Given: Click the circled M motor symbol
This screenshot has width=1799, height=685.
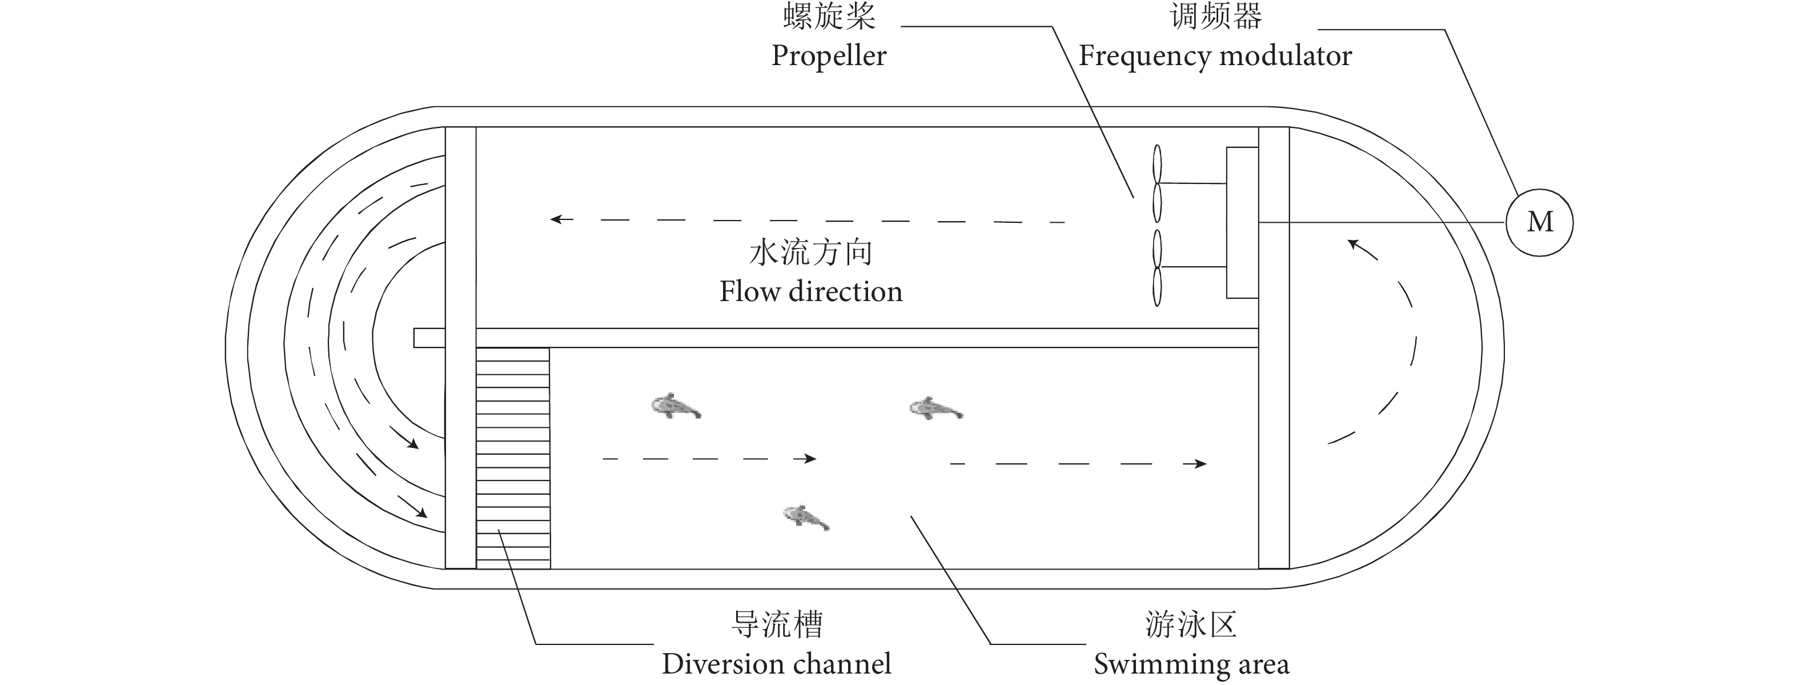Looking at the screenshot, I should pos(1539,222).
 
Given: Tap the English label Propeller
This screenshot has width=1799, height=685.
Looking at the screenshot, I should pos(828,56).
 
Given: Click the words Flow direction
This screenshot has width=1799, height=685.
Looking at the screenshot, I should pos(811,291).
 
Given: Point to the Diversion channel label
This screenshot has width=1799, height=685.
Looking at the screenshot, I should pos(777,663).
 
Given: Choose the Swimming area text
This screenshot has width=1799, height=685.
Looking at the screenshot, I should pos(1191,663).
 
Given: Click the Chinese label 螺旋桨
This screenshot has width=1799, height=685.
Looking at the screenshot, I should pos(829,17).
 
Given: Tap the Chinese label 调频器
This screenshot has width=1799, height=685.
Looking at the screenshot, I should pos(1215,17).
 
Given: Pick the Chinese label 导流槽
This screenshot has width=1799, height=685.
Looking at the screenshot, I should pos(777,624).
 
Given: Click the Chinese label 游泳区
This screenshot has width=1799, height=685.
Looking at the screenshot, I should pos(1191,624).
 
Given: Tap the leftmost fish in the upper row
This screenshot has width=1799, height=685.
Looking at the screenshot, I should pos(675,406).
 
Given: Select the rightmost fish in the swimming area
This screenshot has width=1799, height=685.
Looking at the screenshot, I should pos(936,408).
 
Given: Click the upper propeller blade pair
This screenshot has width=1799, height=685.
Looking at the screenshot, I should pos(1157,183).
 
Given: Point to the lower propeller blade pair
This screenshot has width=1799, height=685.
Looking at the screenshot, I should pos(1157,267).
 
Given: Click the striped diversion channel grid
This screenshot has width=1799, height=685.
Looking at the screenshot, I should pos(513,458).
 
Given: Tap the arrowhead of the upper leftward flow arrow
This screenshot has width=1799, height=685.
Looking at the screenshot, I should pos(557,219).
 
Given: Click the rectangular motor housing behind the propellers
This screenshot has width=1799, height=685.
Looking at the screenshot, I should pos(1242,223).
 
